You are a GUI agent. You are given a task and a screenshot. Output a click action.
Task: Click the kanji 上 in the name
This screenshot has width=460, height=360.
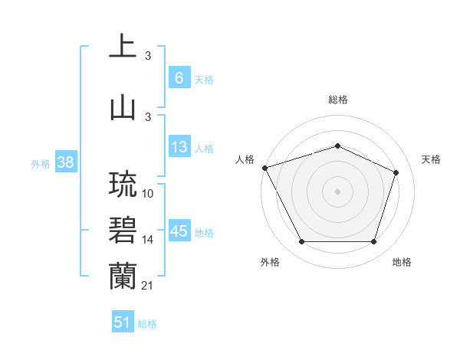(123, 46)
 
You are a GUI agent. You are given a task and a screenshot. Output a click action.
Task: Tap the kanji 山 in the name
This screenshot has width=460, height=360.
(123, 106)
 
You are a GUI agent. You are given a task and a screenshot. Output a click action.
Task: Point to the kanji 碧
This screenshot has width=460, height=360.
(123, 231)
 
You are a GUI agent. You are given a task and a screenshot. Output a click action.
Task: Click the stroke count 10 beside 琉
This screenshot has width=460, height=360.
(149, 195)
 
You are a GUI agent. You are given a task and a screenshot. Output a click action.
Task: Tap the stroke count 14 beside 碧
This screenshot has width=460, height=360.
(149, 240)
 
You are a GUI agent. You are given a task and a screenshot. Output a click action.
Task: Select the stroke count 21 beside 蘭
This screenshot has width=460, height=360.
(149, 286)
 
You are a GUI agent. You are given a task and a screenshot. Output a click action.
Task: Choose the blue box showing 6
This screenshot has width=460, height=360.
(179, 78)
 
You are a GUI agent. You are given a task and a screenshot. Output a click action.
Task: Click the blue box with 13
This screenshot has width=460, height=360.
(179, 147)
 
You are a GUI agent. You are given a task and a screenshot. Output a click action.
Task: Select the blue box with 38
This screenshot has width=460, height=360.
(65, 162)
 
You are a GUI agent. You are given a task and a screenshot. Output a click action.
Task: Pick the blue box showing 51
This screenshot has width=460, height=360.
(123, 322)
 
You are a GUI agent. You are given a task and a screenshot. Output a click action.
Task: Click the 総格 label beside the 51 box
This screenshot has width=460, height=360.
(147, 324)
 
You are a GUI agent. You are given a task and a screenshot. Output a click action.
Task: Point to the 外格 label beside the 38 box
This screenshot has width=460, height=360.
(40, 163)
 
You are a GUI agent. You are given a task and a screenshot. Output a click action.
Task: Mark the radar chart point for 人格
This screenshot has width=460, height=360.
(264, 168)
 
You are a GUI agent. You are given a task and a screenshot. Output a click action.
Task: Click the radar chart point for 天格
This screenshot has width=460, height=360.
(396, 172)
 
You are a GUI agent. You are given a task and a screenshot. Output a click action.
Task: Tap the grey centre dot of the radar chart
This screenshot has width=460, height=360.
(337, 191)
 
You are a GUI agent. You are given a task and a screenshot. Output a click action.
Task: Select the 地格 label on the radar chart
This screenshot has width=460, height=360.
(402, 262)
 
